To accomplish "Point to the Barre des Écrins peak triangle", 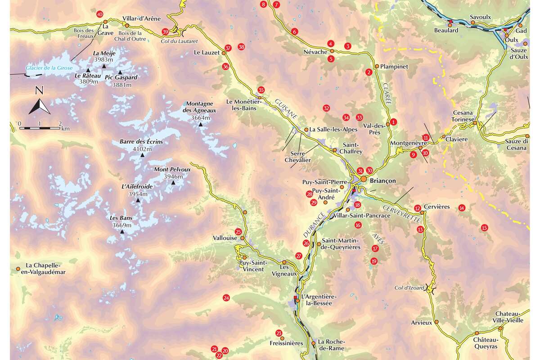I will [x=143, y=155].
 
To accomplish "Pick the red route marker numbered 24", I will [x=226, y=297].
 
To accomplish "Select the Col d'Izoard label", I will [x=409, y=288].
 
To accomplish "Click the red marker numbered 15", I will [x=484, y=227].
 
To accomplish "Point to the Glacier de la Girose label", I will [x=49, y=68].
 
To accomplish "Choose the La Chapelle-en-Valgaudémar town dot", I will [x=18, y=269].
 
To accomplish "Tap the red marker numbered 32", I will [x=326, y=108].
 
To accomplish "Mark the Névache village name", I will [x=315, y=52].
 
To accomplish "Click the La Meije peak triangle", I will [x=104, y=66].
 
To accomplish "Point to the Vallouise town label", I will [x=225, y=238].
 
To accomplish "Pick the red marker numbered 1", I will [x=393, y=121].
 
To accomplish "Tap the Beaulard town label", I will [x=446, y=30].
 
